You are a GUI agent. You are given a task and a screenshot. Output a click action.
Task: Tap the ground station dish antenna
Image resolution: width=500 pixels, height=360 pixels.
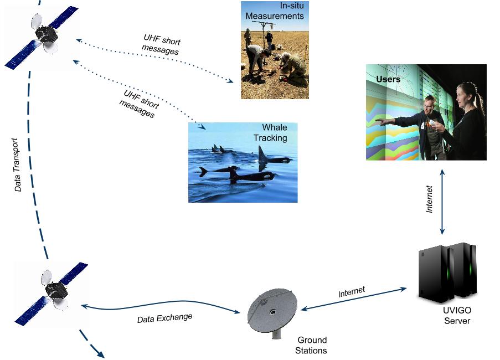click(x=272, y=311)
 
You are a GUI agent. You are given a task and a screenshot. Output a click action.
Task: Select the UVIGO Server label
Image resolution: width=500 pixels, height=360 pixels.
click(x=457, y=315)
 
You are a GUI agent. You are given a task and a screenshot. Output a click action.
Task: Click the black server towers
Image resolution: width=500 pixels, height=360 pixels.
click(x=447, y=273)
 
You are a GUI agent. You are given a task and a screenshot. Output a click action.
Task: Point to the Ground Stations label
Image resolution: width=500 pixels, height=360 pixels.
click(x=311, y=346)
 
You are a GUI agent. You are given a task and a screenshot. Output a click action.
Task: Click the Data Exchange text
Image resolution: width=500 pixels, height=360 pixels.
click(x=164, y=318)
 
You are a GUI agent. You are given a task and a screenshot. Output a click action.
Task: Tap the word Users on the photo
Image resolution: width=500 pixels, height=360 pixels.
click(x=388, y=79)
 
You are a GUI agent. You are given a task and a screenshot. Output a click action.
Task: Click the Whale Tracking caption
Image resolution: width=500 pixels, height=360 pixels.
click(x=271, y=133)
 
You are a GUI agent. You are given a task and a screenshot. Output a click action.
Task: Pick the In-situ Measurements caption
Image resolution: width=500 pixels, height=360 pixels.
click(x=275, y=11)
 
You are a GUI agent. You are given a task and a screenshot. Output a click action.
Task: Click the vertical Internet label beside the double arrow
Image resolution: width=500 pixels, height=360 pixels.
click(x=430, y=199)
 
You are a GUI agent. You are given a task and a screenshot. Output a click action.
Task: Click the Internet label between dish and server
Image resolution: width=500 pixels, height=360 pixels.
click(x=352, y=292)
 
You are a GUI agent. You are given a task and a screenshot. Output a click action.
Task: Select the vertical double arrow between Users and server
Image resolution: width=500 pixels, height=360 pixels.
click(x=442, y=202)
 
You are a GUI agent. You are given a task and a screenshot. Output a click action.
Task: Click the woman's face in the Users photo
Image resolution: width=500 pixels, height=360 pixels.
click(x=463, y=94)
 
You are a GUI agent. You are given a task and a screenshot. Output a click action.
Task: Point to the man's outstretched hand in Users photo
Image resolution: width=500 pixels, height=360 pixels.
click(x=380, y=121)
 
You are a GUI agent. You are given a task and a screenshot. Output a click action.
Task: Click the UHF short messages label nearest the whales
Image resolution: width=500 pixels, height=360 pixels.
click(x=140, y=104)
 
